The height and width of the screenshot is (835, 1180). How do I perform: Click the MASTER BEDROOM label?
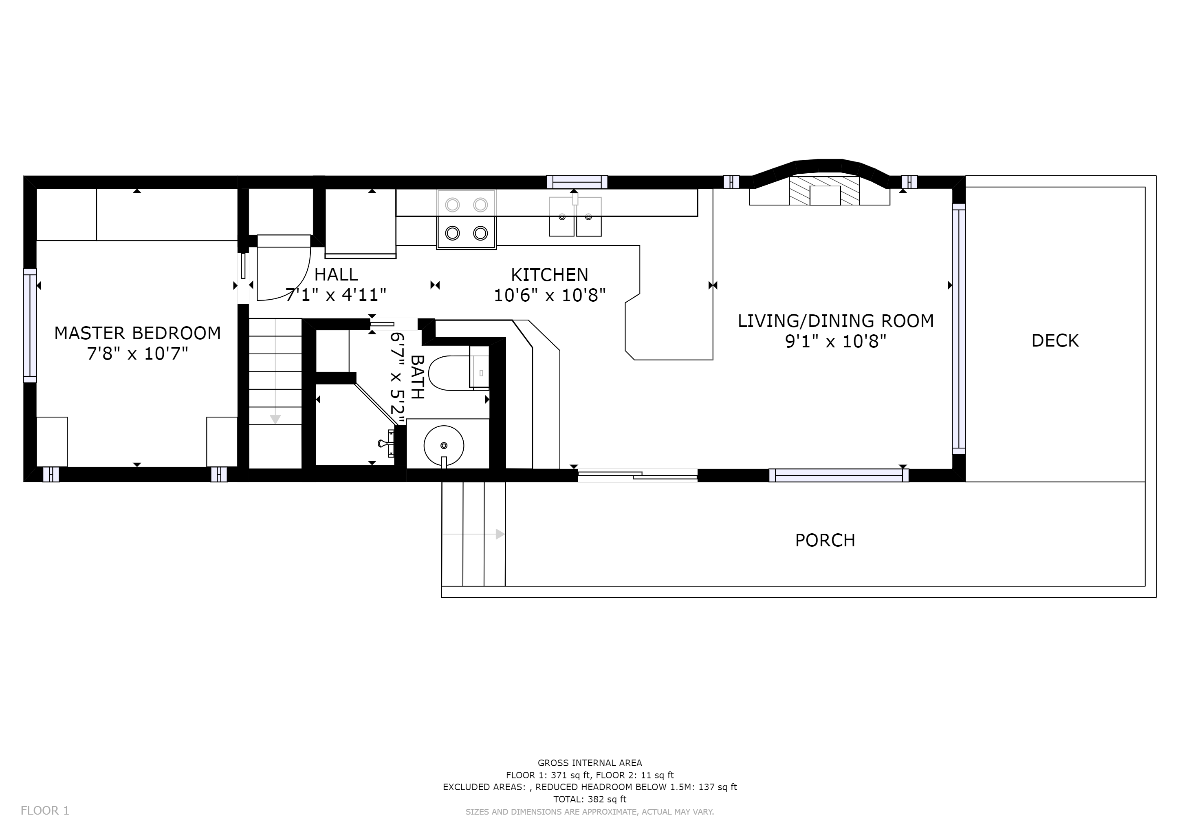(x=138, y=333)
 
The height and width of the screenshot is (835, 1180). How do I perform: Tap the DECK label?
(x=1055, y=340)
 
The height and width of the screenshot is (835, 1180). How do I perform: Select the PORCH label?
(x=825, y=540)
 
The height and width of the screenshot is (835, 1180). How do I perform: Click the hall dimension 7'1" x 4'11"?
(x=336, y=295)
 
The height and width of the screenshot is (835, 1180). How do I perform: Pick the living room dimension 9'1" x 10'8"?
(x=836, y=341)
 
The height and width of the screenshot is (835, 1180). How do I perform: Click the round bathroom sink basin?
(x=444, y=446)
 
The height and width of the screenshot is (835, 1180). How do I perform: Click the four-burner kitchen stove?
(x=467, y=219)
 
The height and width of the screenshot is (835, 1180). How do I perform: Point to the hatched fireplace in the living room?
(x=824, y=191)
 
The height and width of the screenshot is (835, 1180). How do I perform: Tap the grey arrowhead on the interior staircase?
(x=275, y=420)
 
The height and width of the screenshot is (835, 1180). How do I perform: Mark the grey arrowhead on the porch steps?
(x=500, y=534)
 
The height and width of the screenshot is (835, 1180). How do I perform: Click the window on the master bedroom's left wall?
(x=30, y=325)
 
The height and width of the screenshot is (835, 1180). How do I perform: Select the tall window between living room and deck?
(x=958, y=329)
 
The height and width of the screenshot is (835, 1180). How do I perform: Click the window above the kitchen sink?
(x=577, y=182)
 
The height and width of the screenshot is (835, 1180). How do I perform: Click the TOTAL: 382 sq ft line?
(x=590, y=800)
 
